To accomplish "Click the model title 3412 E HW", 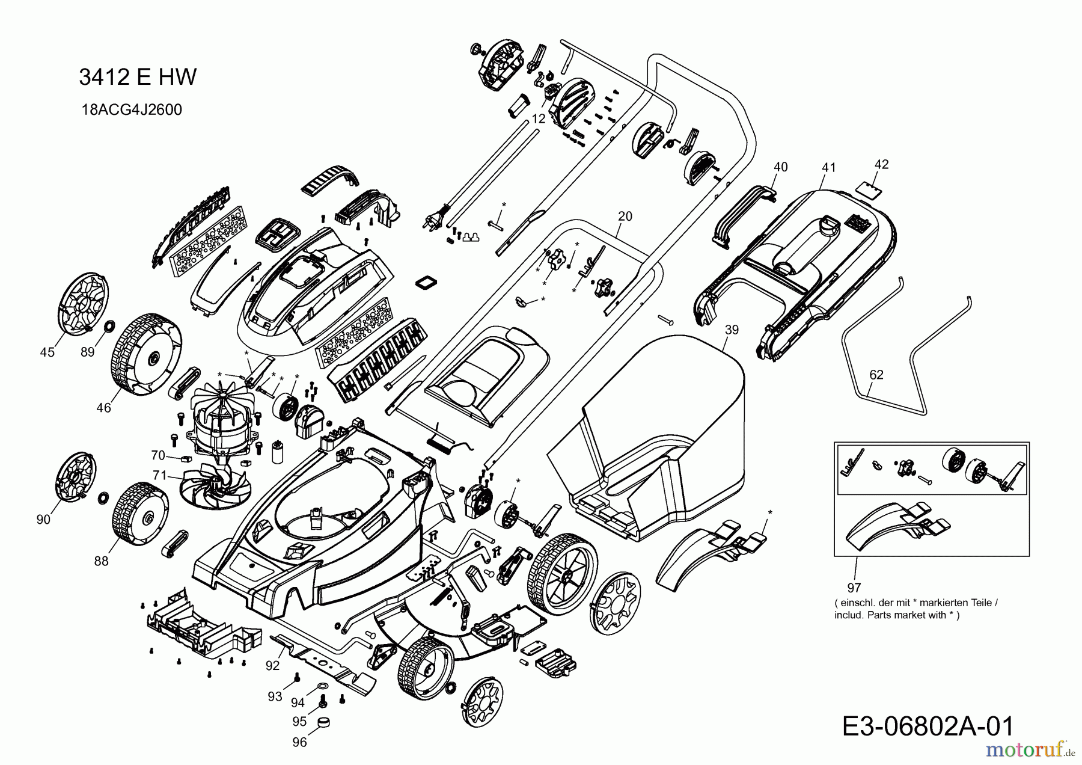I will [138, 77].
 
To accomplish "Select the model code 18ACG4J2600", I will [132, 109].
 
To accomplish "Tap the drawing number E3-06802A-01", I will [928, 727].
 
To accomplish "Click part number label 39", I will [732, 330].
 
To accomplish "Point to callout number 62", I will [876, 375].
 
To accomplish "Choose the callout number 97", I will [854, 588].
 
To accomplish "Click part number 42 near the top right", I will [881, 164].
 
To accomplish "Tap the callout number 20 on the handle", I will [625, 216].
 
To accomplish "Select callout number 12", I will [539, 119].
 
